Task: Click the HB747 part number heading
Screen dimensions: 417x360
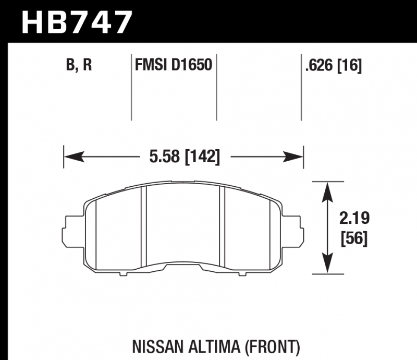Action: pyautogui.click(x=77, y=22)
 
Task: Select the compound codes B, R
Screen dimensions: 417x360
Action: pyautogui.click(x=79, y=65)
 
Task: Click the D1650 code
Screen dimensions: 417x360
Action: pyautogui.click(x=191, y=65)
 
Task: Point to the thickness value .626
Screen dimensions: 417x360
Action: pyautogui.click(x=319, y=65)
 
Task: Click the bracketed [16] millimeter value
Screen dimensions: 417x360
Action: pyautogui.click(x=350, y=65)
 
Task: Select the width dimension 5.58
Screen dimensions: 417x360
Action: pyautogui.click(x=164, y=157)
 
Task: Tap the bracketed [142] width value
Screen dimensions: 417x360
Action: pyautogui.click(x=202, y=157)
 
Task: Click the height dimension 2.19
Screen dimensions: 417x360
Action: pyautogui.click(x=354, y=218)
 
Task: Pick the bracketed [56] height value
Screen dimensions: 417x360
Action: pyautogui.click(x=354, y=238)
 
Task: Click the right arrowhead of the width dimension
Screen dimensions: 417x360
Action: pyautogui.click(x=293, y=157)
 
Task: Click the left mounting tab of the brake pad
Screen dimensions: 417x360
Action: pyautogui.click(x=73, y=230)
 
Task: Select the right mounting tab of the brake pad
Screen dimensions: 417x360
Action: pyautogui.click(x=292, y=230)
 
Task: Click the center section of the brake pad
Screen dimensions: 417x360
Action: pyautogui.click(x=183, y=224)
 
